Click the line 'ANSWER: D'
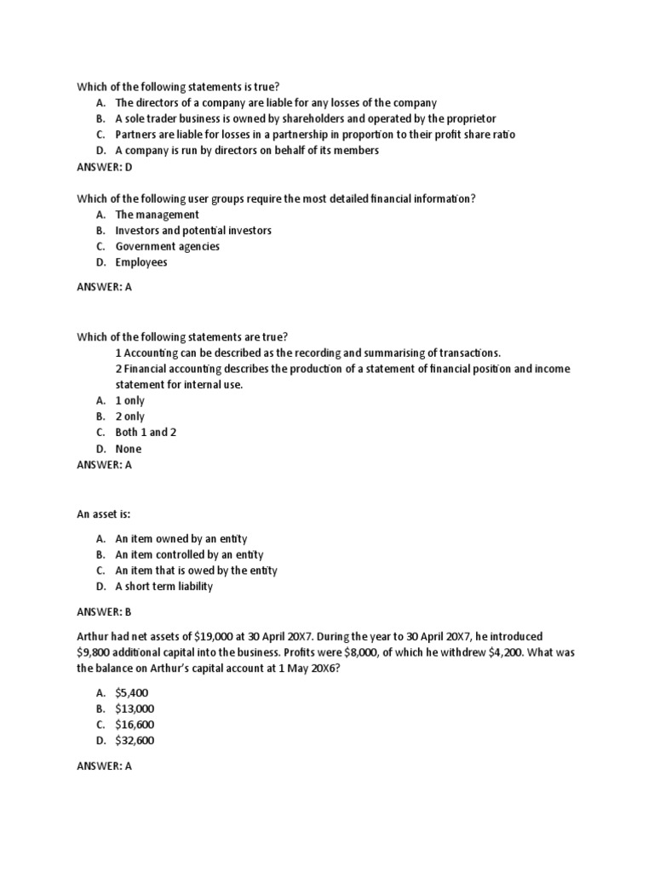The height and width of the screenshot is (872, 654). point(106,167)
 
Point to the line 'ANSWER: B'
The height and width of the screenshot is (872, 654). point(105,611)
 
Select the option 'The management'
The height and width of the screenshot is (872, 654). point(158,215)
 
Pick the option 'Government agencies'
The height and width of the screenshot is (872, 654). point(168,247)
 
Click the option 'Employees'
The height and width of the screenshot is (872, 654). point(141,262)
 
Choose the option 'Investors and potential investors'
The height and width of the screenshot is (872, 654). point(194,231)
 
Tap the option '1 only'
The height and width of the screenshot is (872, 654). point(130,400)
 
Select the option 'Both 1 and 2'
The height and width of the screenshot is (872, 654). point(141,433)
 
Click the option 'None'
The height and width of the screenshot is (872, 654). point(129,449)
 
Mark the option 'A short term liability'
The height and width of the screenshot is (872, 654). point(164,587)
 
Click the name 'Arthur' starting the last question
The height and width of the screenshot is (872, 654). point(95,637)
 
